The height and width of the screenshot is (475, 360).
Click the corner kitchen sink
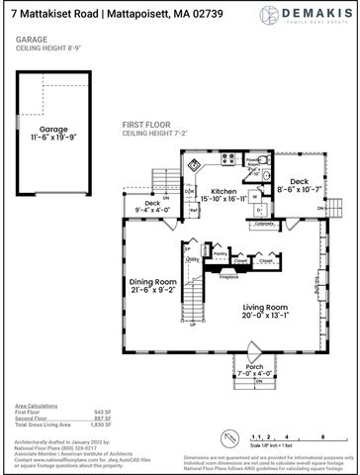point(195,163)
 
